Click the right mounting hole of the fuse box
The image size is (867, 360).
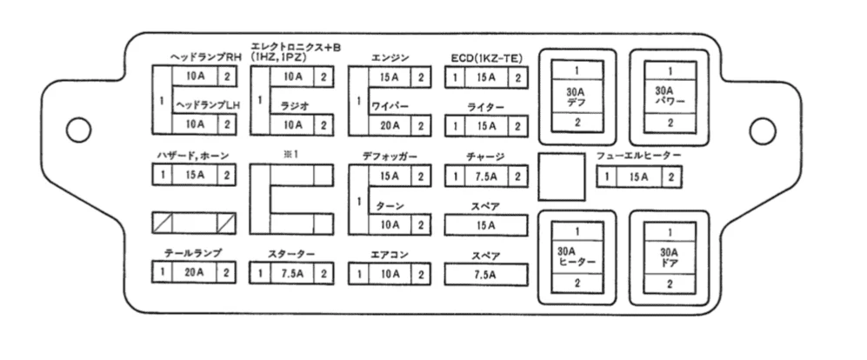tap(762, 130)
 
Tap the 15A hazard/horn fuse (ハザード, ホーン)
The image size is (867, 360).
tap(195, 176)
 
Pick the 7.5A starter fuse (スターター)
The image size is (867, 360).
tap(292, 273)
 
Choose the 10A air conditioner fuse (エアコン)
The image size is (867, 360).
tap(390, 273)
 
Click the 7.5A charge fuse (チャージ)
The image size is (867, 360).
tap(486, 177)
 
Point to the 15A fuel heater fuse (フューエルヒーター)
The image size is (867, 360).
tap(638, 177)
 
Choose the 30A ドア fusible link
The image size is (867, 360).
tap(670, 257)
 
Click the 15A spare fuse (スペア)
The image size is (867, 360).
tap(486, 225)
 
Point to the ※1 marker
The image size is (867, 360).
tap(290, 154)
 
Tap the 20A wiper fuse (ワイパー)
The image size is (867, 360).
tap(390, 125)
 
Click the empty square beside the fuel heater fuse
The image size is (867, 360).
tap(561, 177)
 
